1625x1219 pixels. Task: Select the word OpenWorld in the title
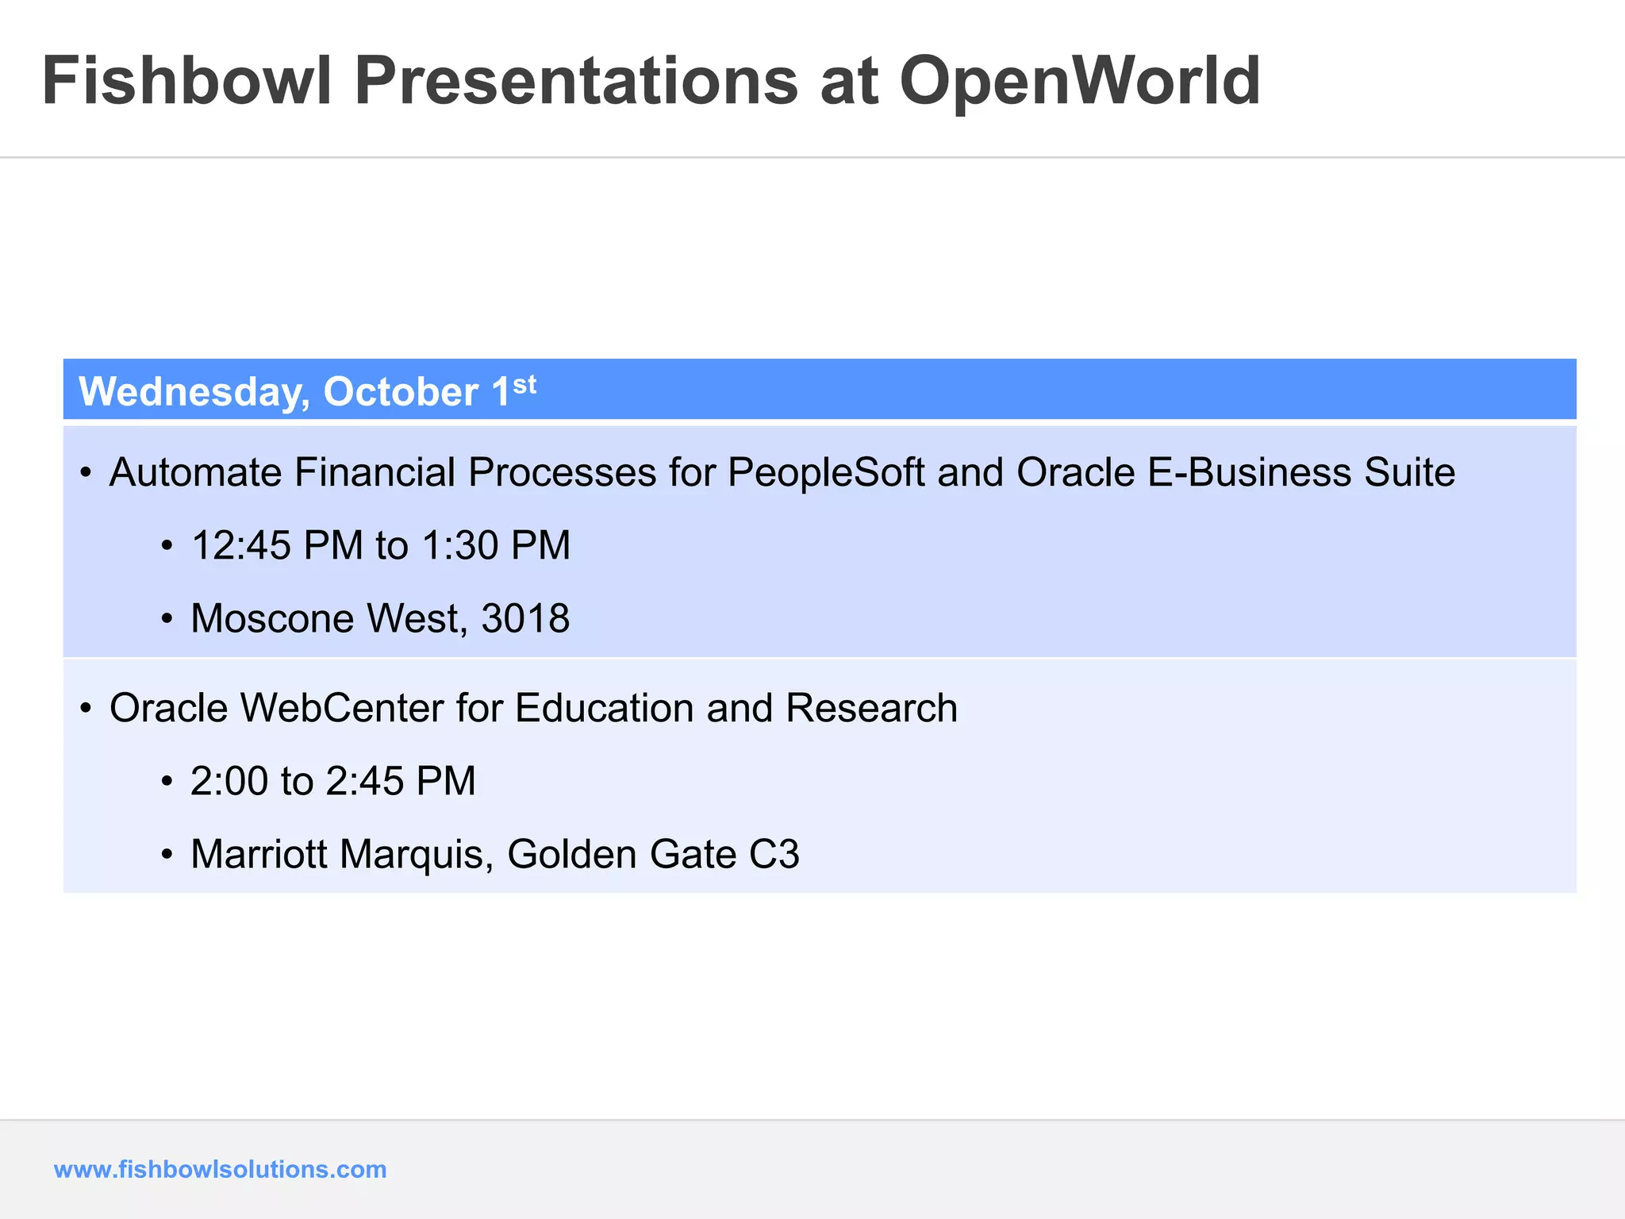click(1079, 81)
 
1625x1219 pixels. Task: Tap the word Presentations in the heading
click(576, 81)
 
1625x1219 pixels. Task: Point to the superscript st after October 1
click(524, 385)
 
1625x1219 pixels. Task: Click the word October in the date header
click(401, 392)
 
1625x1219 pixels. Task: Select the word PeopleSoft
click(826, 473)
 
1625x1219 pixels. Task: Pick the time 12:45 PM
click(277, 546)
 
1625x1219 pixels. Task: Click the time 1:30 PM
click(496, 546)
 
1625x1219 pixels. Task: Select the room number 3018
click(525, 619)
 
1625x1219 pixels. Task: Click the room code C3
click(774, 855)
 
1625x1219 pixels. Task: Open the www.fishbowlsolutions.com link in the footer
click(220, 1169)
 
